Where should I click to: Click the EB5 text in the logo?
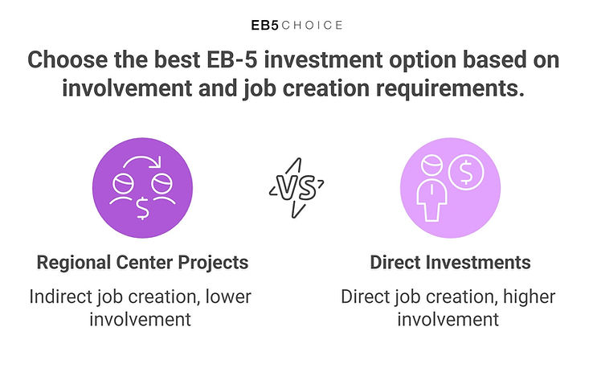pos(264,26)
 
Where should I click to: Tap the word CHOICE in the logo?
pos(312,26)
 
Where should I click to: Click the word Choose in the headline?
pos(67,59)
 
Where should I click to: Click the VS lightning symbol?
pos(296,188)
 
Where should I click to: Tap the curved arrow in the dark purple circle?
pos(142,162)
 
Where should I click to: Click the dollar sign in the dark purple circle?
pos(142,208)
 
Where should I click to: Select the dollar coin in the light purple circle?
pos(466,172)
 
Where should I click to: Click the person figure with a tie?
pos(431,188)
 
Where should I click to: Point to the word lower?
pos(228,297)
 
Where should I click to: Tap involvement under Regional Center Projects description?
pos(141,320)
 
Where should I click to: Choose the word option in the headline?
pos(423,60)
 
